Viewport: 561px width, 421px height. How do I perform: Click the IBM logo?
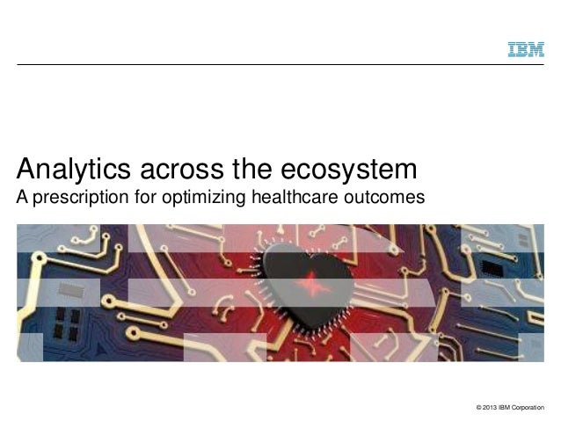point(527,49)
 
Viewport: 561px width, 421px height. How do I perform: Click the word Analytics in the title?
point(69,168)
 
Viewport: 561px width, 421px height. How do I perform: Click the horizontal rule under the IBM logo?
point(280,64)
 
